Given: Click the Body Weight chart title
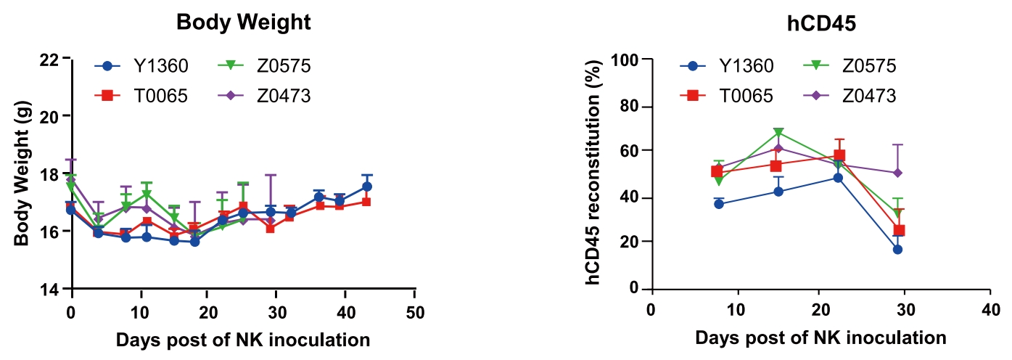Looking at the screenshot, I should coord(244,22).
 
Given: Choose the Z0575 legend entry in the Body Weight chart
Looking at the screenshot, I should coord(283,66).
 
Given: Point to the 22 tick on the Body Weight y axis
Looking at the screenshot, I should coord(52,58).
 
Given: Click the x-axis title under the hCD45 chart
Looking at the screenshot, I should coord(820,338).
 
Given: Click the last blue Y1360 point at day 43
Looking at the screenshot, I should coord(367,187).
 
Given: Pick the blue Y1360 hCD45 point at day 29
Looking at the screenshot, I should coord(897,249).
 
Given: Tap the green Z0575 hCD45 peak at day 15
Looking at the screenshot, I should coord(778,133).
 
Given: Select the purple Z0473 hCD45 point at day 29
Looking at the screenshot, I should coord(897,173).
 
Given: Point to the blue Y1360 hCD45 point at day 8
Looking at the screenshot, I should coord(719,204).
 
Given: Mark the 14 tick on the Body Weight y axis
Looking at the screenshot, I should coord(52,289).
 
